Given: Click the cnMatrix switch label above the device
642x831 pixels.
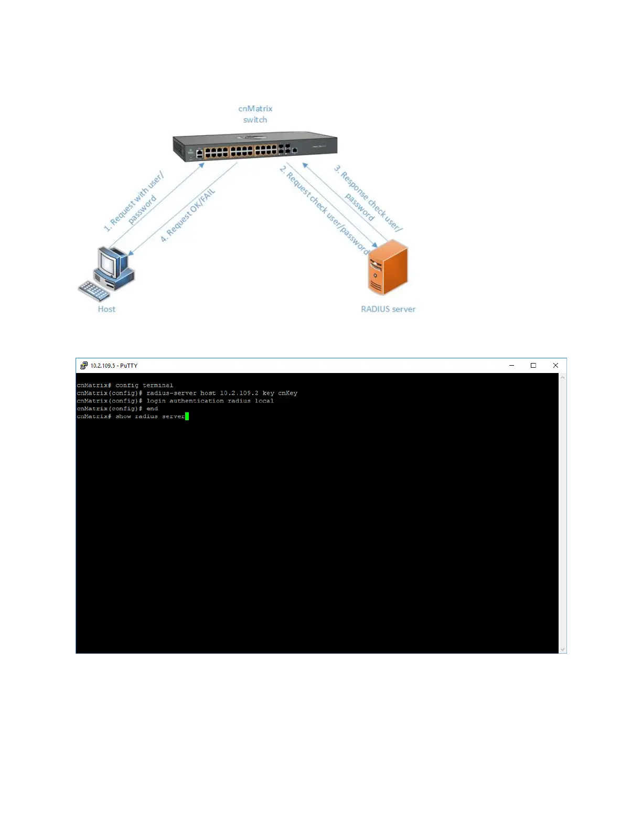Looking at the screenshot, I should (x=255, y=114).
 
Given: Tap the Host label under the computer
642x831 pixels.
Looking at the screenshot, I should (x=106, y=309).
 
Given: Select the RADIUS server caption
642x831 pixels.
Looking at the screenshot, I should (x=388, y=309).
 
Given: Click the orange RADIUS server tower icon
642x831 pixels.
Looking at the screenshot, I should (x=388, y=268).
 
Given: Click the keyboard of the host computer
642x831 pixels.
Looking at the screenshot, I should (x=94, y=290).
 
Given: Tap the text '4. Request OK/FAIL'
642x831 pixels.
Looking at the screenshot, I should (x=187, y=216).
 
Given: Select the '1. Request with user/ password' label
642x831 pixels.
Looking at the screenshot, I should (x=134, y=202).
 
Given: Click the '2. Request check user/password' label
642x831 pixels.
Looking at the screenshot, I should (x=324, y=210).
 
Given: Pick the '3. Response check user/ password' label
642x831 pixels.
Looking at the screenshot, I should (x=367, y=199).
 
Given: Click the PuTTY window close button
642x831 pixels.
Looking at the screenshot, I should (x=555, y=366).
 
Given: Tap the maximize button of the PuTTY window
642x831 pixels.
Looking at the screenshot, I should (x=533, y=366).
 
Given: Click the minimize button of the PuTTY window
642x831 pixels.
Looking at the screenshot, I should (x=511, y=366).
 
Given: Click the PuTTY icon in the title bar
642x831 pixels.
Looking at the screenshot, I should (x=84, y=366).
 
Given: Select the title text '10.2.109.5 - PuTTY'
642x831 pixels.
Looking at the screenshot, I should (x=114, y=366).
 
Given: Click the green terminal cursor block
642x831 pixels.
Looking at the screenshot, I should (x=187, y=417).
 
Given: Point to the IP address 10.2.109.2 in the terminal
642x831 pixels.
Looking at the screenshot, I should (x=239, y=393).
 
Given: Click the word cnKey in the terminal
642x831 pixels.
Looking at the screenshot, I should (x=287, y=393).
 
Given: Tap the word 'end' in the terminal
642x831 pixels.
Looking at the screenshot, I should (x=152, y=409).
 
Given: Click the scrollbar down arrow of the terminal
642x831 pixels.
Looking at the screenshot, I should (x=562, y=649).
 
